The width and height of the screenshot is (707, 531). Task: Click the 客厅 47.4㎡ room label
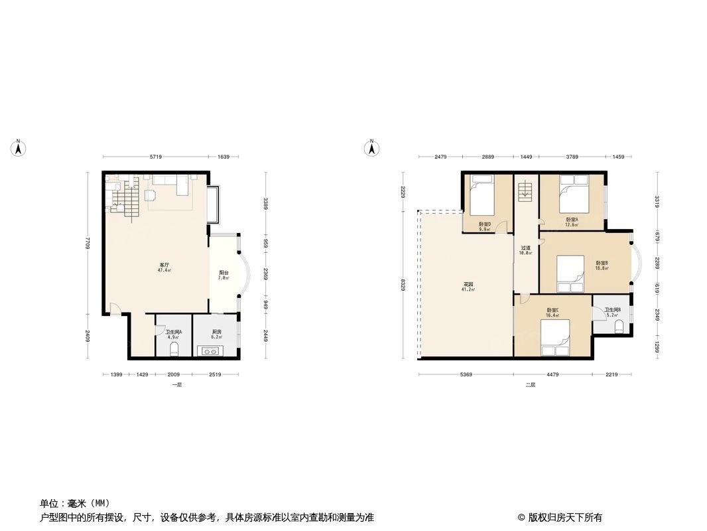164,267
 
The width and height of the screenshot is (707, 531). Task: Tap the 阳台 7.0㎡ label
224,275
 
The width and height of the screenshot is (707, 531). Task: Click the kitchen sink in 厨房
215,350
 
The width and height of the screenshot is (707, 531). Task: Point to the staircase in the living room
124,199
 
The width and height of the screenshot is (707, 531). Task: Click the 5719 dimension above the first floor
156,157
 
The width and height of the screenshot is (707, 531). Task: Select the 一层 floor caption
176,385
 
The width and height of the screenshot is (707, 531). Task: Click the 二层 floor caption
530,385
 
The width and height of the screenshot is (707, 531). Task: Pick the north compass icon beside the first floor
19,148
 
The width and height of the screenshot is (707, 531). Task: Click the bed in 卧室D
480,192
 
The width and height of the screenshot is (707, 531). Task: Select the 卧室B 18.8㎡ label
601,265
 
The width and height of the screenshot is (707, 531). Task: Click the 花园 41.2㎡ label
468,287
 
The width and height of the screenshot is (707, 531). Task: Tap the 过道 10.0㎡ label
525,250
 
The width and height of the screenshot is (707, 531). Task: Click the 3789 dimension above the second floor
572,157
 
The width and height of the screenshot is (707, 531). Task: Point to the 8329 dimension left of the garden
403,285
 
